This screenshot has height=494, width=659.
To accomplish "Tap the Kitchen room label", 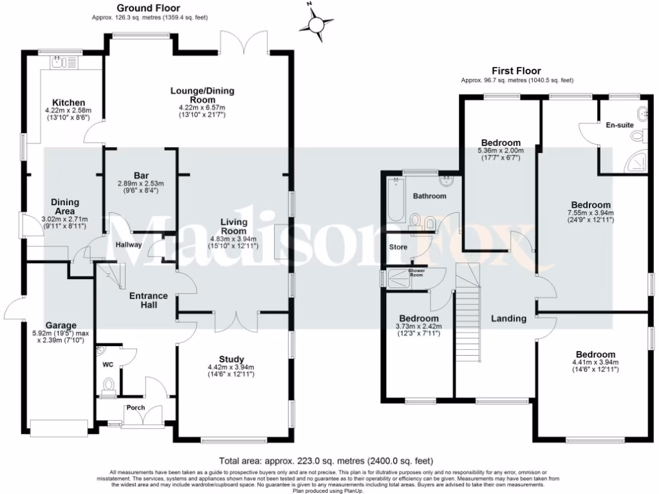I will [x=69, y=103].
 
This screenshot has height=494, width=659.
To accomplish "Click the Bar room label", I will [x=142, y=175].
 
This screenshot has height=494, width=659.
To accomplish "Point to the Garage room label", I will [x=60, y=325].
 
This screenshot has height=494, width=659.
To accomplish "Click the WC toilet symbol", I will [x=109, y=386].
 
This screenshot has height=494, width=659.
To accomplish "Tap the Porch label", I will [x=135, y=408].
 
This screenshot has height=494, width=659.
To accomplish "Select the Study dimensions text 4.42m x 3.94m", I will [x=231, y=369].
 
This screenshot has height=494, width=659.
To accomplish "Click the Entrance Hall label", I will [x=149, y=300].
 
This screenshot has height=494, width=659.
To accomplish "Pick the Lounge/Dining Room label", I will [x=202, y=95].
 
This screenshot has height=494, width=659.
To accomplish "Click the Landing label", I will [x=508, y=318].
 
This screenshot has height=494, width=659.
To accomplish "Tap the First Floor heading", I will [x=516, y=71].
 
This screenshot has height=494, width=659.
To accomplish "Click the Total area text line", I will [x=326, y=461].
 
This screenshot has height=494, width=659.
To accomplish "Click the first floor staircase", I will [x=468, y=322].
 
